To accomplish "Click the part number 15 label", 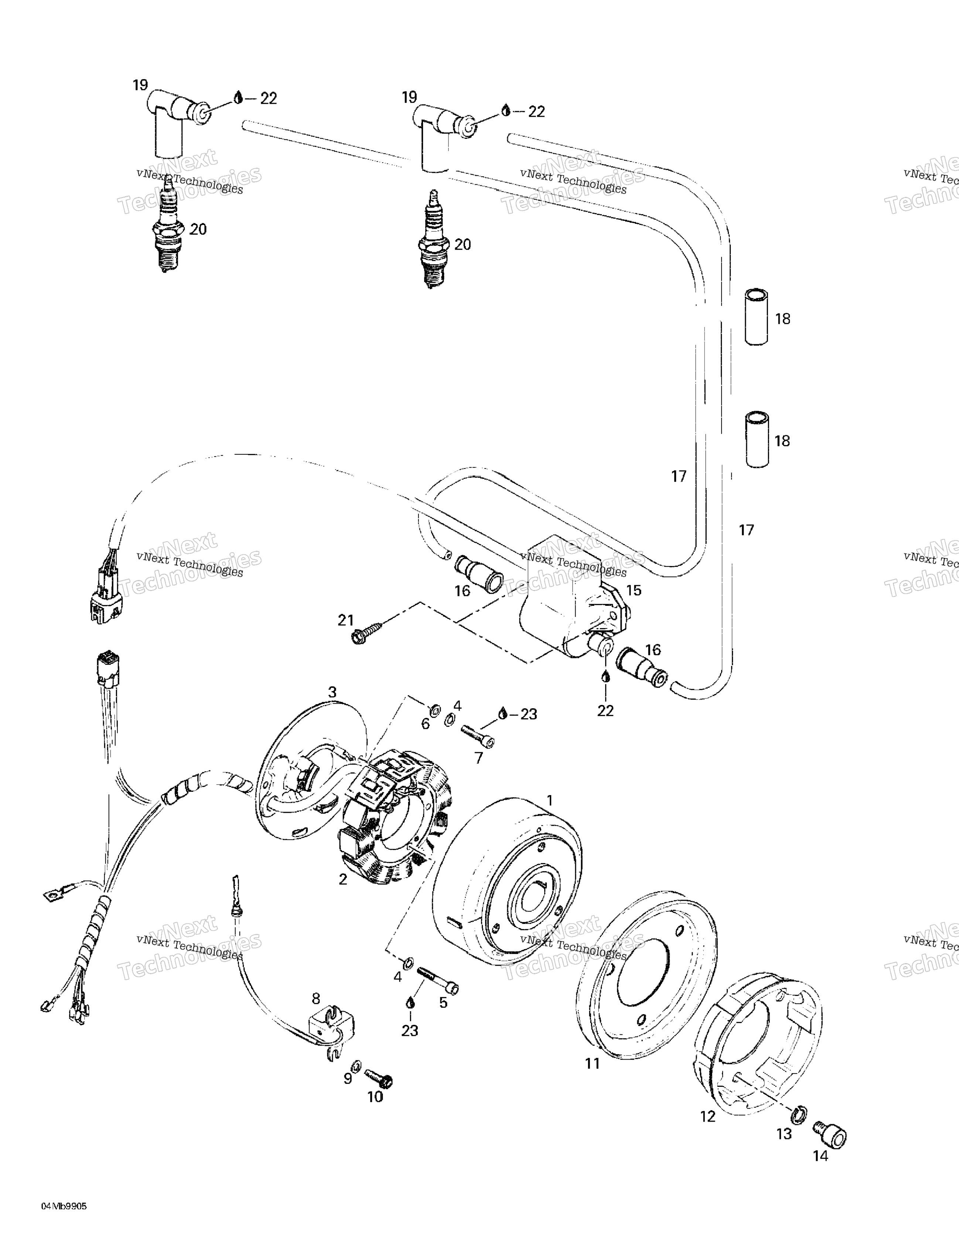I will [x=634, y=590].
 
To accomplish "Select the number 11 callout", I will [x=593, y=1062].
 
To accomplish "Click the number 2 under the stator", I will [x=343, y=879].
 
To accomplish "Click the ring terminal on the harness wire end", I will [x=52, y=897].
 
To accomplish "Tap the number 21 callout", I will [x=345, y=620].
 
